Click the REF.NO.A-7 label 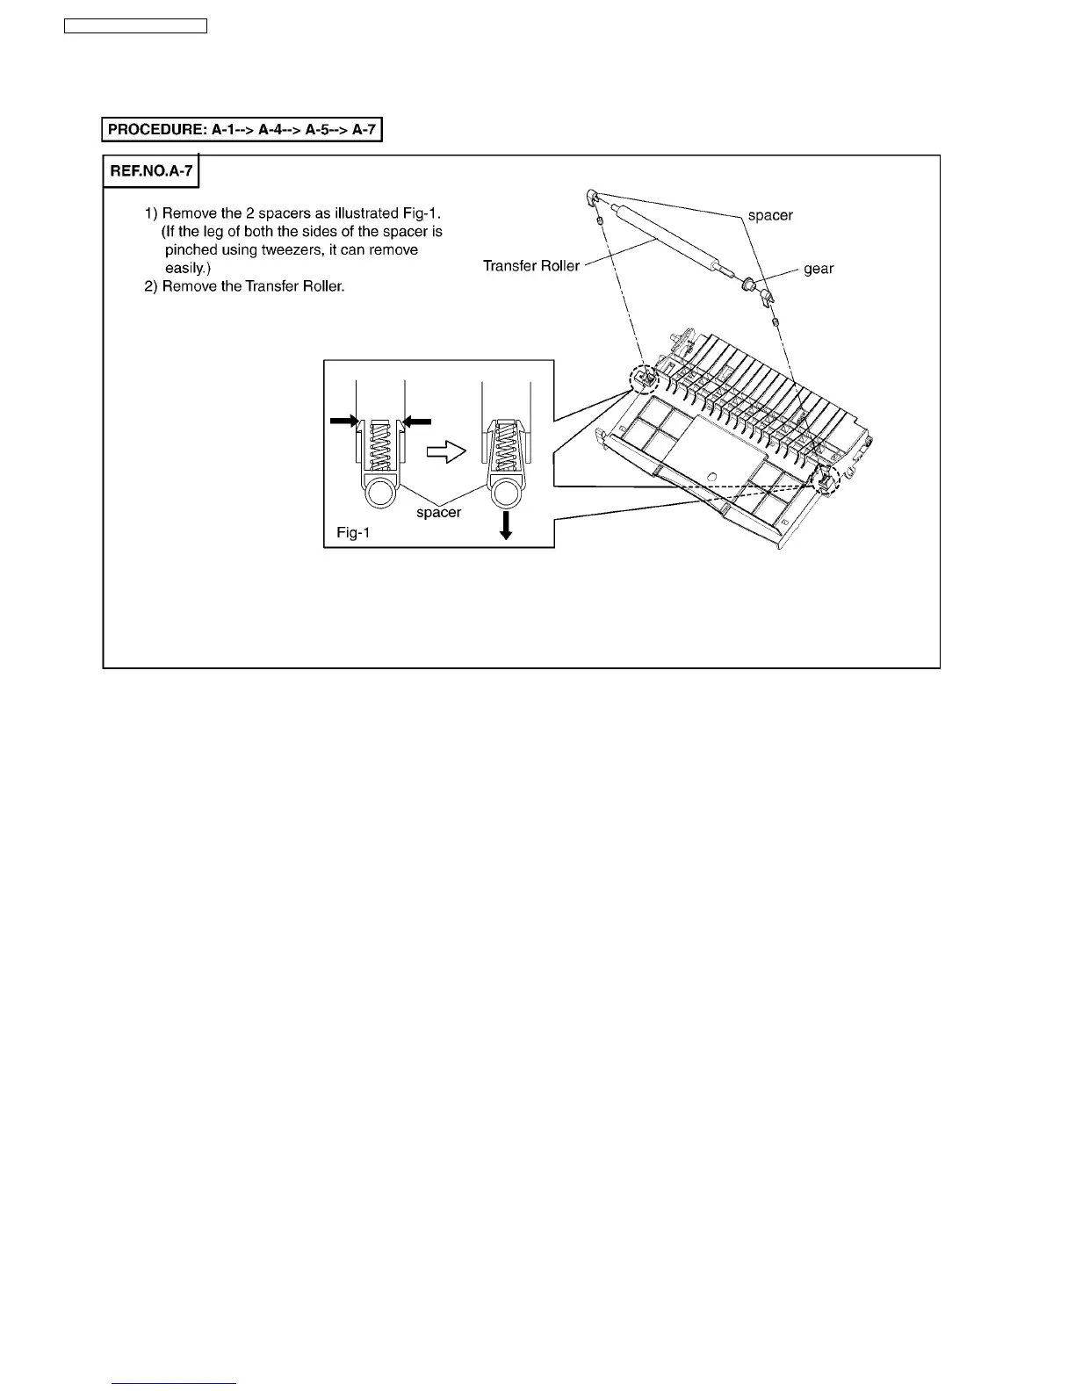tap(151, 170)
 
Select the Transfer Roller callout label tap(531, 266)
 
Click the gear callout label tap(819, 269)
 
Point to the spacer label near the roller tap(770, 215)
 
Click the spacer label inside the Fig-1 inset tap(438, 512)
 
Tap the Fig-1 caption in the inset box tap(352, 532)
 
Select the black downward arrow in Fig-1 tap(506, 525)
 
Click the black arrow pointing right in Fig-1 tap(343, 422)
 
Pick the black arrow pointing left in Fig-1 tap(417, 422)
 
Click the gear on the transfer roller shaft tap(749, 284)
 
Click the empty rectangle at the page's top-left tap(136, 26)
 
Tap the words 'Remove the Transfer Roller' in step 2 tap(253, 287)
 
